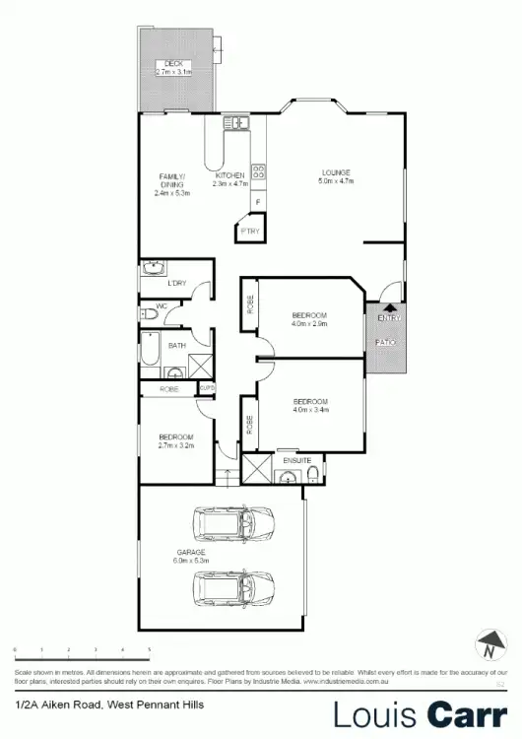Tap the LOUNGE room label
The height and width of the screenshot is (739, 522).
[x=334, y=173]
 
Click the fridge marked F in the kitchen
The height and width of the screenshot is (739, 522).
[x=258, y=203]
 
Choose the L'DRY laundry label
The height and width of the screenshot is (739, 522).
[x=177, y=284]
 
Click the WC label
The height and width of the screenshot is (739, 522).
[x=161, y=306]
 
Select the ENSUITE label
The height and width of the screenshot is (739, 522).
[x=297, y=460]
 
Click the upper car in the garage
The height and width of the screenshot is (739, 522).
[x=235, y=524]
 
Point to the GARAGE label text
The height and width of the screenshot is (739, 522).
[x=189, y=553]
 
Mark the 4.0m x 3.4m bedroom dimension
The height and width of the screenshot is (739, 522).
[x=309, y=410]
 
